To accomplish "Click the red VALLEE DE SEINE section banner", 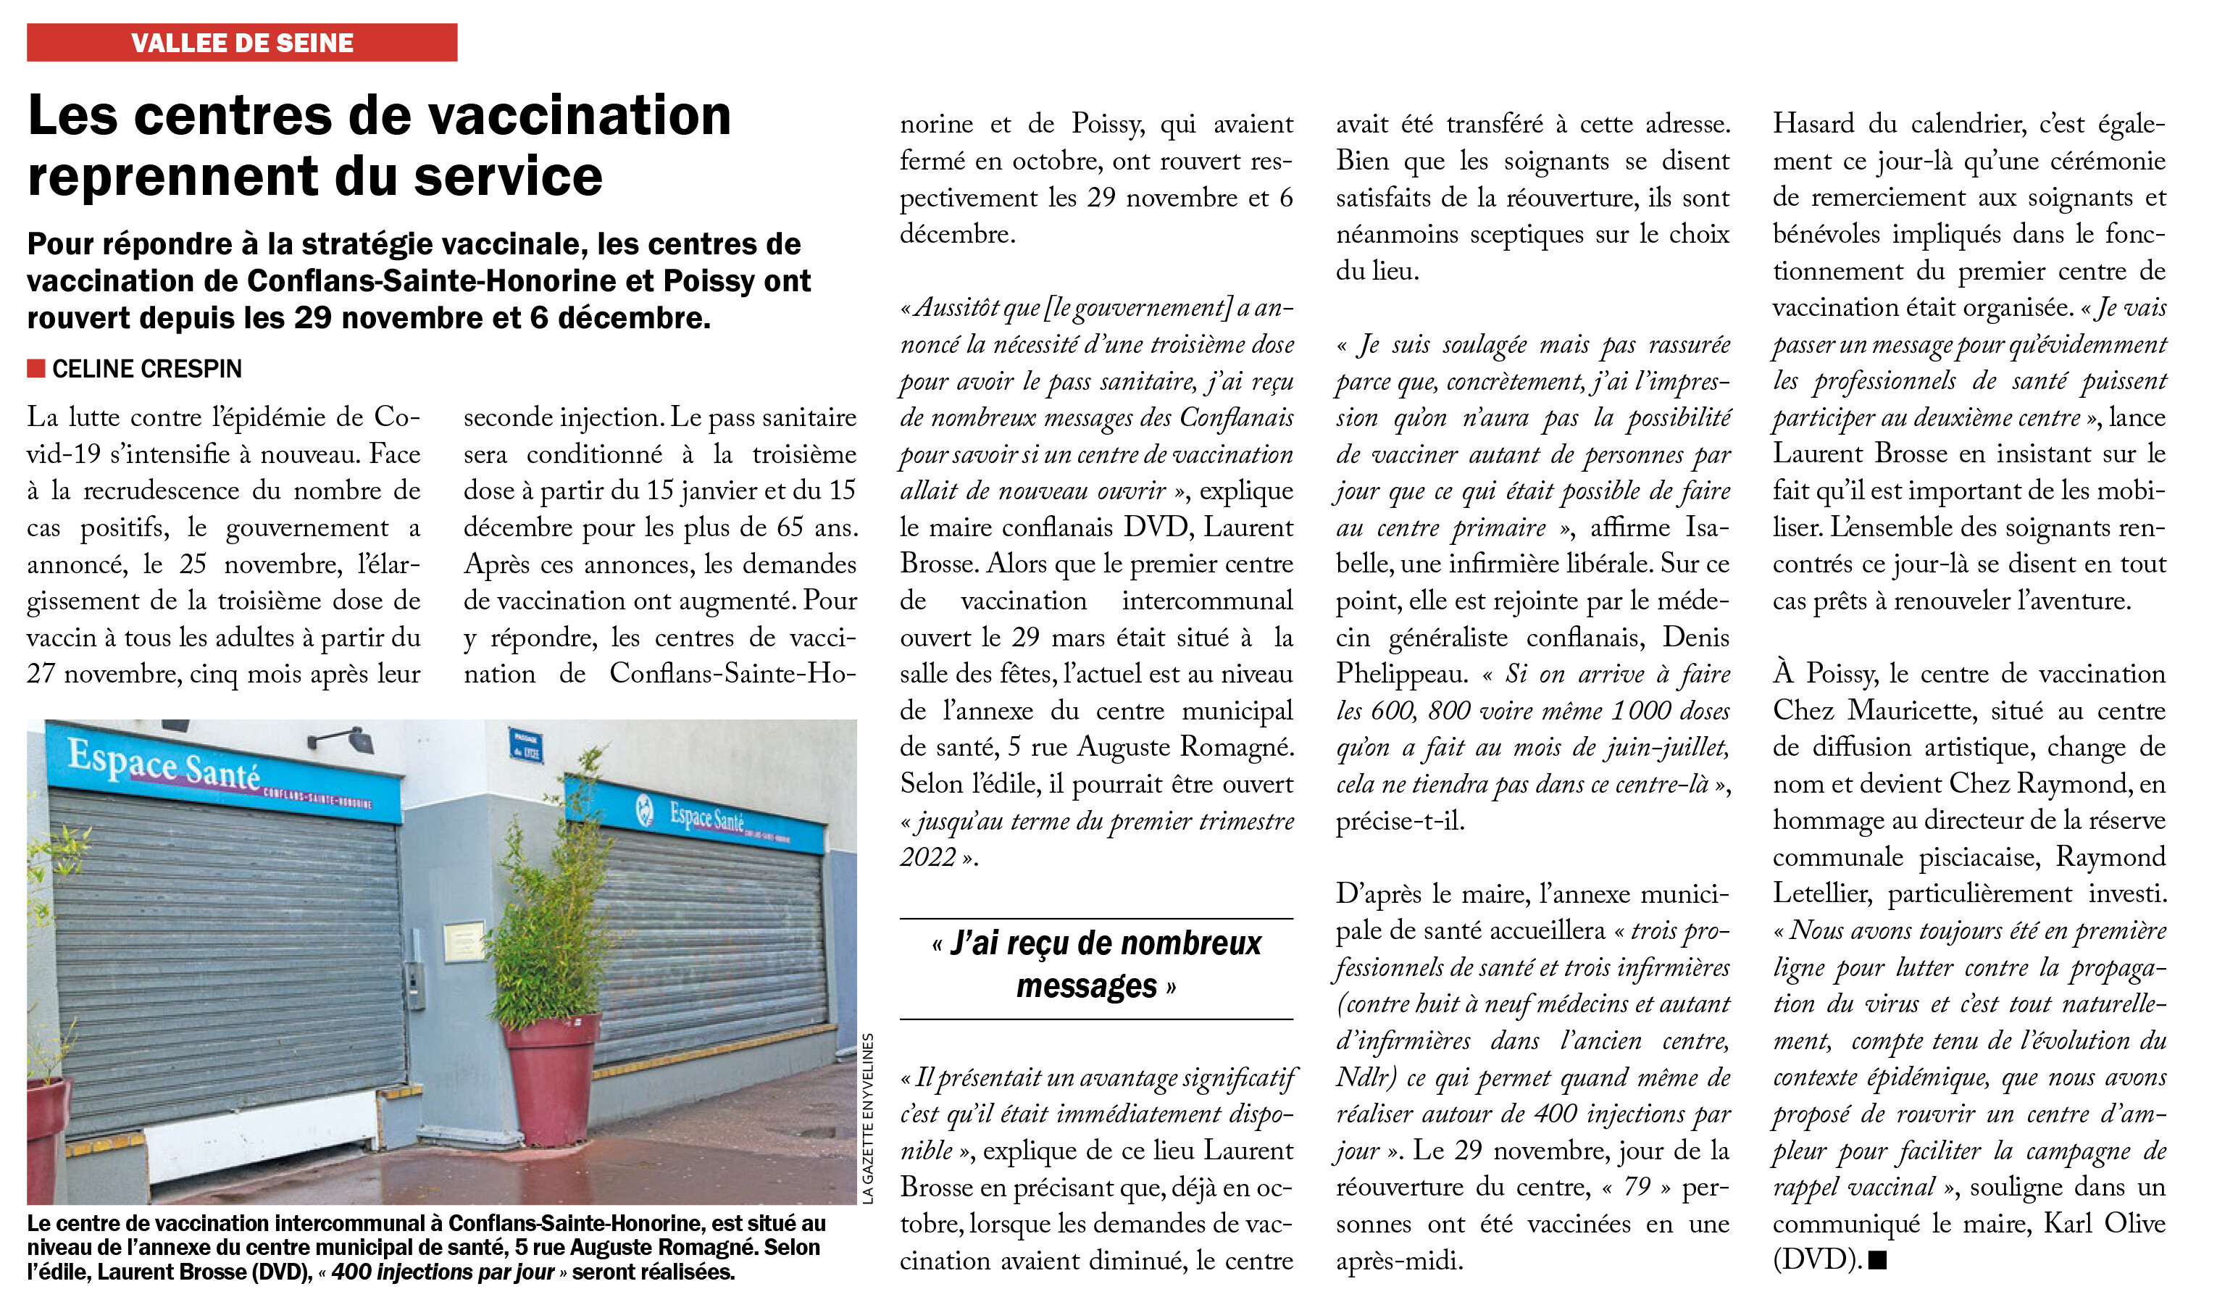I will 242,42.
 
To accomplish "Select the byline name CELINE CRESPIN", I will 147,369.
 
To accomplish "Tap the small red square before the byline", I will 36,368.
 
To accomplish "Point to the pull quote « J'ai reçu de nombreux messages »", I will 1096,965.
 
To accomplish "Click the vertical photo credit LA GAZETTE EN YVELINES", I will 867,1117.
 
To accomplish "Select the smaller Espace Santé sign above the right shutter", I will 706,817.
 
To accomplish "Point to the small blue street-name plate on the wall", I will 526,746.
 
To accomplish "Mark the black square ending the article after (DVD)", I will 1877,1260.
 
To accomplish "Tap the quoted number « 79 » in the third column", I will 1637,1187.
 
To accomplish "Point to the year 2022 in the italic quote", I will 927,857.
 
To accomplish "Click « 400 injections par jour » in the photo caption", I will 444,1272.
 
